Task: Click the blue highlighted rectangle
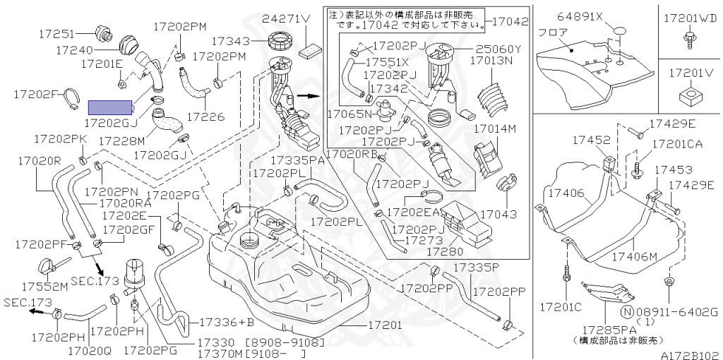[x=110, y=107]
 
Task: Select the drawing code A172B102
[x=689, y=355]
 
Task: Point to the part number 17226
[x=205, y=115]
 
